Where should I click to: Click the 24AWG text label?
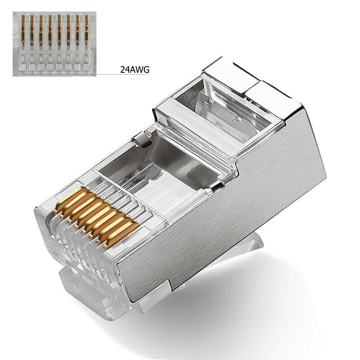(135, 69)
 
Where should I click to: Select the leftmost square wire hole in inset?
(22, 67)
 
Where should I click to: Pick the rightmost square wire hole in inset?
(86, 67)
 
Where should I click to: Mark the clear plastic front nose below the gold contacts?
(72, 252)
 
